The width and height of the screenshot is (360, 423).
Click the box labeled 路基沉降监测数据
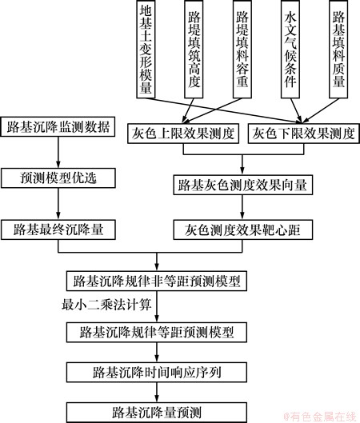click(58, 126)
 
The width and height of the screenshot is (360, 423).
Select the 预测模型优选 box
click(58, 178)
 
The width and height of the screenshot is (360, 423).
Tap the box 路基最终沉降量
click(58, 229)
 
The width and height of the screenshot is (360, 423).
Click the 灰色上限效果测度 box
click(183, 134)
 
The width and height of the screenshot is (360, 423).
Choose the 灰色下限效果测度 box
click(303, 134)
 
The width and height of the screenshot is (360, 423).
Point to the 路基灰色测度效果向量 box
click(243, 185)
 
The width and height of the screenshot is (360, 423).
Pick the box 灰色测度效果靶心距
click(243, 229)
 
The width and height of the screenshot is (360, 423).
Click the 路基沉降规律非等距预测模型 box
click(157, 281)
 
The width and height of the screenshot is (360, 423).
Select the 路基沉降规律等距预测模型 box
click(157, 333)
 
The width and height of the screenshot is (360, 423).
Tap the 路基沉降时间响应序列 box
click(157, 373)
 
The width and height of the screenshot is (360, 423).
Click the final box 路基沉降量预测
click(157, 413)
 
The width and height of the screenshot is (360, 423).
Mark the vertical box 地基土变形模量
click(146, 49)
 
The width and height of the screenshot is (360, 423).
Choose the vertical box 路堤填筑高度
click(194, 49)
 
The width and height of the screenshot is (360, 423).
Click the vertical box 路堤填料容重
click(242, 49)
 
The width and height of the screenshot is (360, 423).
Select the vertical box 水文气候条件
click(290, 49)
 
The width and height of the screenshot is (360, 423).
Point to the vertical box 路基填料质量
click(338, 49)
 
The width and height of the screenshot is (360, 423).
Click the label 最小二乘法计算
click(106, 305)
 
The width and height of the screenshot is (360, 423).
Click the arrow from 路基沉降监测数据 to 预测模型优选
click(58, 153)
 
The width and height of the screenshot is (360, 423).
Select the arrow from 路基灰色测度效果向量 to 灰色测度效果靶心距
click(242, 207)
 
